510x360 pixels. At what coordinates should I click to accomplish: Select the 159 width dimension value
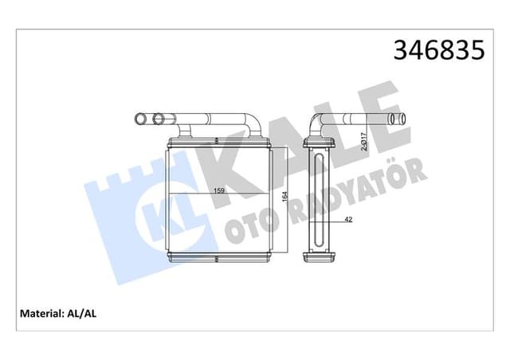[x=217, y=190]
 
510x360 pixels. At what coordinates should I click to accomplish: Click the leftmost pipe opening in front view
[x=139, y=120]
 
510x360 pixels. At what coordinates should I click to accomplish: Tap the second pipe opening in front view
[x=159, y=120]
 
